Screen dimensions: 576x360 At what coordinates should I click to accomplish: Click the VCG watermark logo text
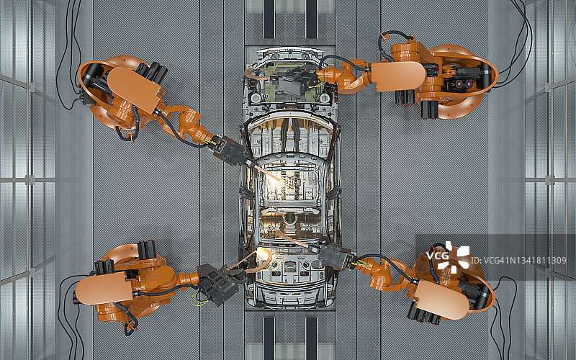(438, 256)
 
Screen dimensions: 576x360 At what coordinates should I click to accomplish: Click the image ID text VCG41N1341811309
(518, 261)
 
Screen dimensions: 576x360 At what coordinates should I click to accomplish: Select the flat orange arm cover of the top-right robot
(399, 76)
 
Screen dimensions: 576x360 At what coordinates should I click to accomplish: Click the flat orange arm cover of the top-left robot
(134, 89)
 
